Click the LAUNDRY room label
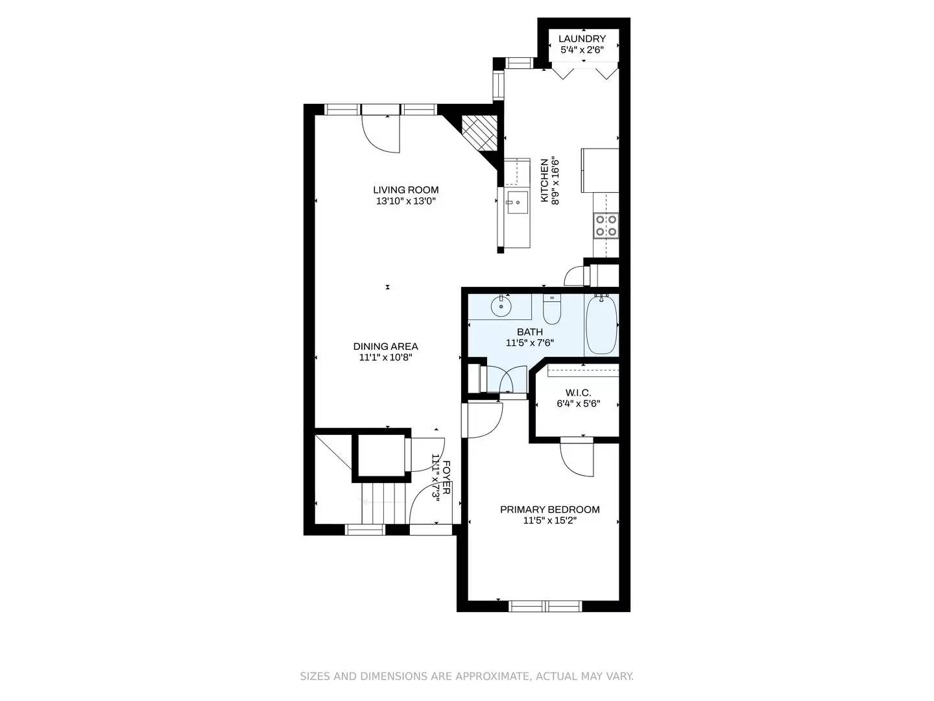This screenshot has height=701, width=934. point(582,39)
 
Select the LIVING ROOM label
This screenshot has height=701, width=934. point(405,190)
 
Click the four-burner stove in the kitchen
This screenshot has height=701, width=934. point(606,225)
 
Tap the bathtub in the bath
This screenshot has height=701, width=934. point(601,324)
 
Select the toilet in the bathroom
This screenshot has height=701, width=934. point(551,310)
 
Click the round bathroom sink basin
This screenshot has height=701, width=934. point(501,304)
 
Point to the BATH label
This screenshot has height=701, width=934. point(529,332)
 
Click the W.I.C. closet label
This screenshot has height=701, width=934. point(578,393)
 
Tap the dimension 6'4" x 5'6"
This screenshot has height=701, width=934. point(578,404)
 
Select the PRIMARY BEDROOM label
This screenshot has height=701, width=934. point(549,510)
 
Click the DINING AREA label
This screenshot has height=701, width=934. point(385,347)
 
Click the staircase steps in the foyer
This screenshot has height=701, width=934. point(383,502)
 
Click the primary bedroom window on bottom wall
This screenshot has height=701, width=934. point(546,606)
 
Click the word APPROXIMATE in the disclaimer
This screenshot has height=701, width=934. point(492,676)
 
